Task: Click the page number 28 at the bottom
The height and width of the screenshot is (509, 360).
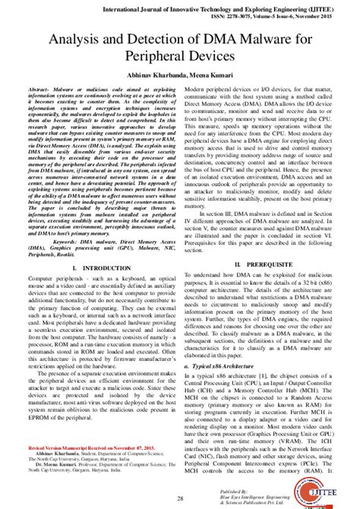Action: click(181, 497)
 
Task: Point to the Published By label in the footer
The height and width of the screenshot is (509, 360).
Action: click(274, 492)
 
